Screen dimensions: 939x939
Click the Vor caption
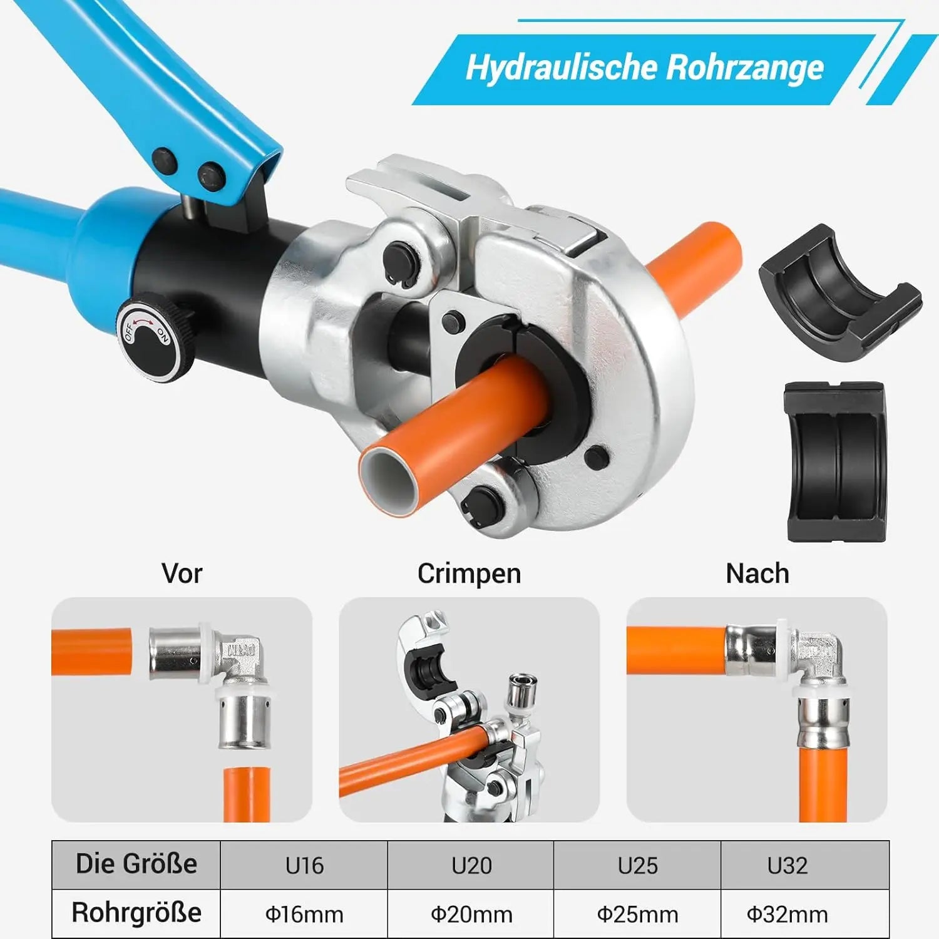tap(182, 573)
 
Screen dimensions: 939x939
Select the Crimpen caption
tap(469, 574)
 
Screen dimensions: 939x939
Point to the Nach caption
tap(757, 573)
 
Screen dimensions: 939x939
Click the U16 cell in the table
tap(304, 865)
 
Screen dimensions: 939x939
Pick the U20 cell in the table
tap(471, 865)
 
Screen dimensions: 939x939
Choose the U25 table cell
tap(637, 865)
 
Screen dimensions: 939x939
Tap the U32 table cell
tap(805, 865)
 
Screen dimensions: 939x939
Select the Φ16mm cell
tap(304, 914)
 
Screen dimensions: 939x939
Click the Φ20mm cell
tap(471, 914)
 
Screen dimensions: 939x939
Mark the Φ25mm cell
tap(637, 914)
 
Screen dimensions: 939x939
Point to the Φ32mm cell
tap(805, 914)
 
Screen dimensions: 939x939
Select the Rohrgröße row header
tap(136, 913)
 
